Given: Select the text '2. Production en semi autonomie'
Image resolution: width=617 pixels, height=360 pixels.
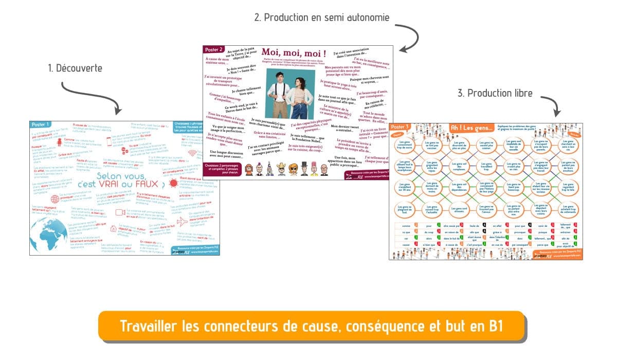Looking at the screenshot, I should (322, 18).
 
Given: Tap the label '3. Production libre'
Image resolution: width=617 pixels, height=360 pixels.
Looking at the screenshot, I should (495, 93).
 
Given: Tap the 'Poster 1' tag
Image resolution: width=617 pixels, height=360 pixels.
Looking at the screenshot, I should (41, 124).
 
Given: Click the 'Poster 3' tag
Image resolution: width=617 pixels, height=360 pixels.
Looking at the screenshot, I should (401, 127).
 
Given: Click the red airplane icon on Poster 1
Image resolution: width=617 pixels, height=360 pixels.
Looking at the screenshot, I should (182, 221).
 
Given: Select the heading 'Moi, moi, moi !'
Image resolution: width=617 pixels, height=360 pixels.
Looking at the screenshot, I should (294, 53).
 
